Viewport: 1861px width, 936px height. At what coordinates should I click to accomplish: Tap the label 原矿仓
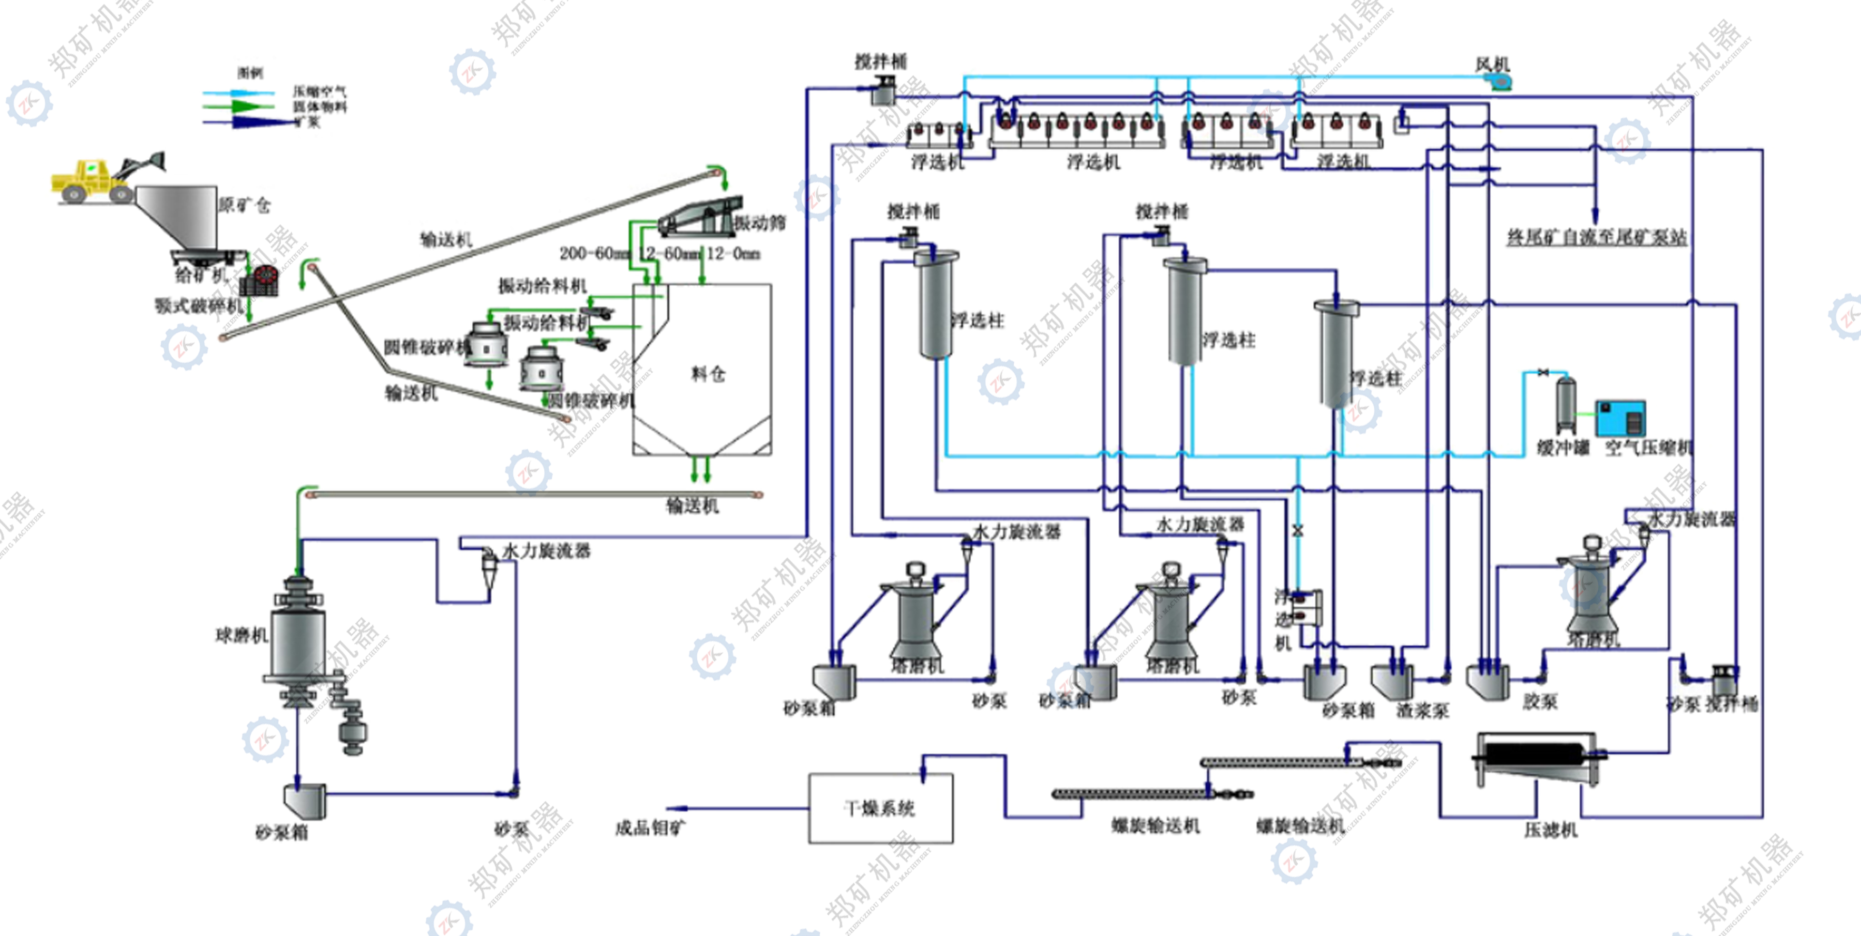pyautogui.click(x=244, y=205)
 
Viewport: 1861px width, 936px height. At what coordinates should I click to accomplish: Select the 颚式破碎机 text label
pyautogui.click(x=198, y=306)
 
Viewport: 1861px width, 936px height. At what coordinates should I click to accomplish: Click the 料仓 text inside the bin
pyautogui.click(x=708, y=374)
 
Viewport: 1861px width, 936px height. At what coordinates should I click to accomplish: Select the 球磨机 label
pyautogui.click(x=242, y=635)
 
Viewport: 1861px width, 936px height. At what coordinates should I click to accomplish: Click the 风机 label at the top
pyautogui.click(x=1493, y=65)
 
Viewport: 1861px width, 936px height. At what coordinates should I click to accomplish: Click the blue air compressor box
pyautogui.click(x=1621, y=418)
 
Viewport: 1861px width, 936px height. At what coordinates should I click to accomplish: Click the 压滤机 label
pyautogui.click(x=1551, y=830)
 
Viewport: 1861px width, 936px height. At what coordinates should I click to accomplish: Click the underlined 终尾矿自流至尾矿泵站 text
pyautogui.click(x=1597, y=237)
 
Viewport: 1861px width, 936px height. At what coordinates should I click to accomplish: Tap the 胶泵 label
pyautogui.click(x=1540, y=701)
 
